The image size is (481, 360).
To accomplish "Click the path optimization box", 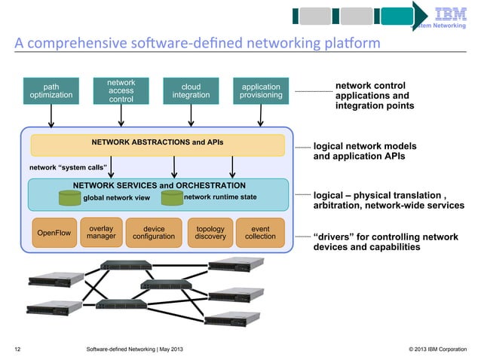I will (x=51, y=91).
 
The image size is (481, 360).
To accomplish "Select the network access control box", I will (x=121, y=90).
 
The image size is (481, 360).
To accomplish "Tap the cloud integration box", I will (x=191, y=91).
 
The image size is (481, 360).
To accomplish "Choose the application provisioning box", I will (x=261, y=91).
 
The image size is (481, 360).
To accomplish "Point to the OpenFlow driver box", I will (x=54, y=233).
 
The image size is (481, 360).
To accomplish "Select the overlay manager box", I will (x=100, y=233).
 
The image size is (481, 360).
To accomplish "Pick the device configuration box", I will (x=153, y=233).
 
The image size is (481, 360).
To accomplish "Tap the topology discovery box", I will (x=210, y=233).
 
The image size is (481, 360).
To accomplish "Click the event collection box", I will (x=260, y=233).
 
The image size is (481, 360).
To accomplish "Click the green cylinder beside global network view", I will (x=70, y=197).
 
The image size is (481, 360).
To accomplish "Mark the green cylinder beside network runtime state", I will (x=172, y=197).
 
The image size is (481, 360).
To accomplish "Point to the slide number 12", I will (x=17, y=349).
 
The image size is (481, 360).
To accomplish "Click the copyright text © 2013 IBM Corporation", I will (x=437, y=349).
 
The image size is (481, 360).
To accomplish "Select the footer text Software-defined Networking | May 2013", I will (x=133, y=349).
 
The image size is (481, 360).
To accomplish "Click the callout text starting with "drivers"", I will (x=386, y=242).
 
